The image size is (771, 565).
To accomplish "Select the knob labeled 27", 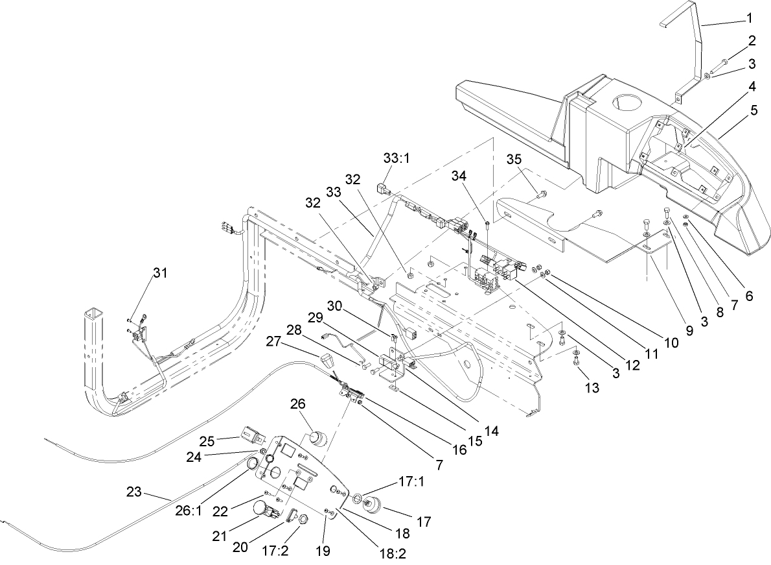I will click(325, 359).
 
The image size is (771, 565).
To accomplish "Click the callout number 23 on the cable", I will click(133, 492).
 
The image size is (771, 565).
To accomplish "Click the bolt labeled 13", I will click(576, 361).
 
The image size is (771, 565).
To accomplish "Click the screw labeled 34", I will click(487, 226).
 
